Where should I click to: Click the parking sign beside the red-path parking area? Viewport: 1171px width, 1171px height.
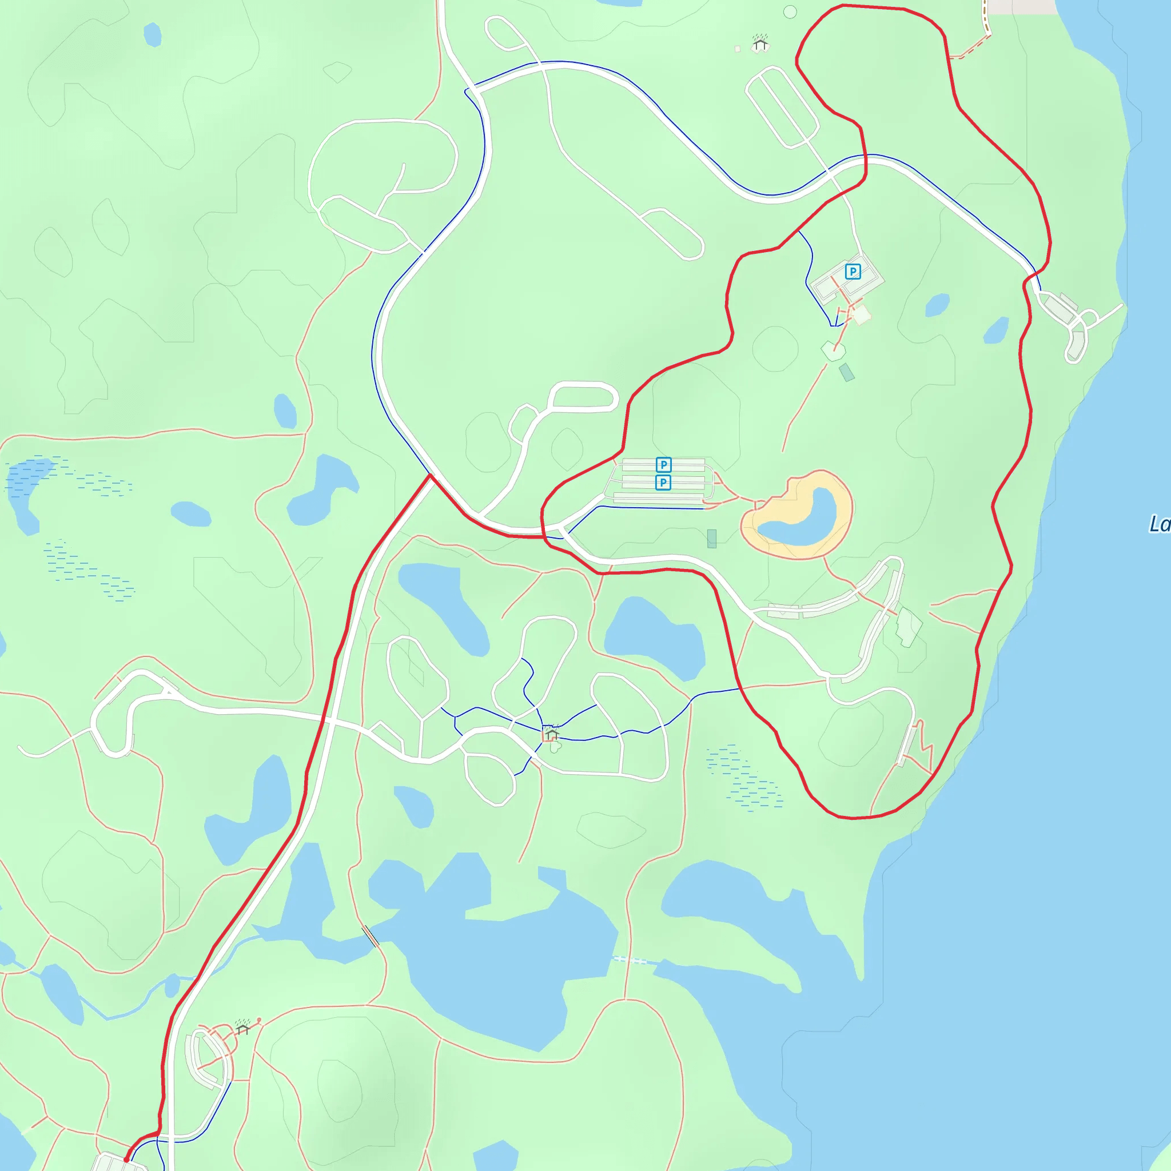[852, 272]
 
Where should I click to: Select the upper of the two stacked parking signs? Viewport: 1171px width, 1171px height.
[663, 465]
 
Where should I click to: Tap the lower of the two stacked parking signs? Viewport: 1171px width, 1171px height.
[663, 483]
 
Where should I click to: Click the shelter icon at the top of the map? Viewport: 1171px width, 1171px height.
[760, 43]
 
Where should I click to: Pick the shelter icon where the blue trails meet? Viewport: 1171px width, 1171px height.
[551, 734]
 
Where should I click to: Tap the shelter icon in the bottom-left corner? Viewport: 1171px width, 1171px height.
[242, 1027]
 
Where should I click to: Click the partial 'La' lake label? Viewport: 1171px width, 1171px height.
[1159, 524]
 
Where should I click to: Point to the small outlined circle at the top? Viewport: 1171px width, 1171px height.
[790, 11]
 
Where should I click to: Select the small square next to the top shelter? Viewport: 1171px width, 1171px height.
[737, 49]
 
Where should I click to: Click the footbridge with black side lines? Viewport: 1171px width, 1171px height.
[371, 937]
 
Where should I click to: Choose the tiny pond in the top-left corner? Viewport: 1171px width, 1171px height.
[153, 34]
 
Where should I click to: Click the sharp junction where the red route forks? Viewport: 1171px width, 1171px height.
[431, 476]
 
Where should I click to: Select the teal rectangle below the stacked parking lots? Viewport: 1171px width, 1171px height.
[711, 538]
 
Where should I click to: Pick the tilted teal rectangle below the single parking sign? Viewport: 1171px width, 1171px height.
[847, 372]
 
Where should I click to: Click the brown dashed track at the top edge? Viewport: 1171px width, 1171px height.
[986, 18]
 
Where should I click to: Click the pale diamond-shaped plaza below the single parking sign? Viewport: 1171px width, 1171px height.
[861, 314]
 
